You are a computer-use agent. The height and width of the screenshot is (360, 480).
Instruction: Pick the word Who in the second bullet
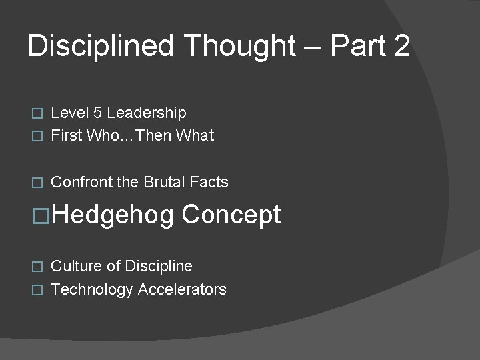tap(101, 135)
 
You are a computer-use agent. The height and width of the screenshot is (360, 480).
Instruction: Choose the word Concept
tap(231, 215)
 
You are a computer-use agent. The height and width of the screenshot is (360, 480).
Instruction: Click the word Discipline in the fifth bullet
tap(159, 267)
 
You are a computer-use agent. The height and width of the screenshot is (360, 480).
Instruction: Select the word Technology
tap(92, 289)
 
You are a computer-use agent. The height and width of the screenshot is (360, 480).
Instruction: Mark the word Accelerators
tap(182, 289)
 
